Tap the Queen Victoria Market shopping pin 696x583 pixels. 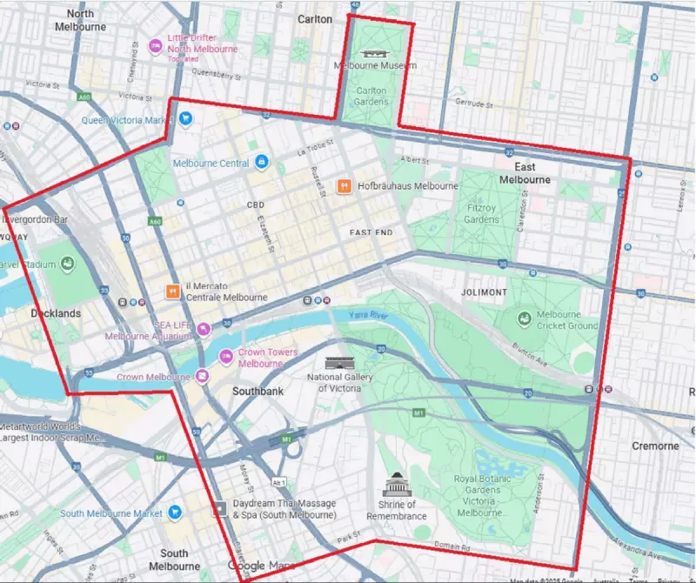[185, 119]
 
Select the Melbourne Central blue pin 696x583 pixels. [261, 163]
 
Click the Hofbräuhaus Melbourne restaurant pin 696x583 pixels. [345, 185]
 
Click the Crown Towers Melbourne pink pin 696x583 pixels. [225, 355]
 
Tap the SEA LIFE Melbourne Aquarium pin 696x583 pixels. [203, 329]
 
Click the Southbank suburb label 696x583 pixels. [258, 392]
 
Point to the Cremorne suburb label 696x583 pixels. [655, 446]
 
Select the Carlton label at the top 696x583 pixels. [314, 18]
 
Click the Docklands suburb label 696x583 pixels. [55, 313]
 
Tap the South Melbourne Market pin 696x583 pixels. [174, 513]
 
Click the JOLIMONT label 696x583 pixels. [485, 292]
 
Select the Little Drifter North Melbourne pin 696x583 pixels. [156, 46]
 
